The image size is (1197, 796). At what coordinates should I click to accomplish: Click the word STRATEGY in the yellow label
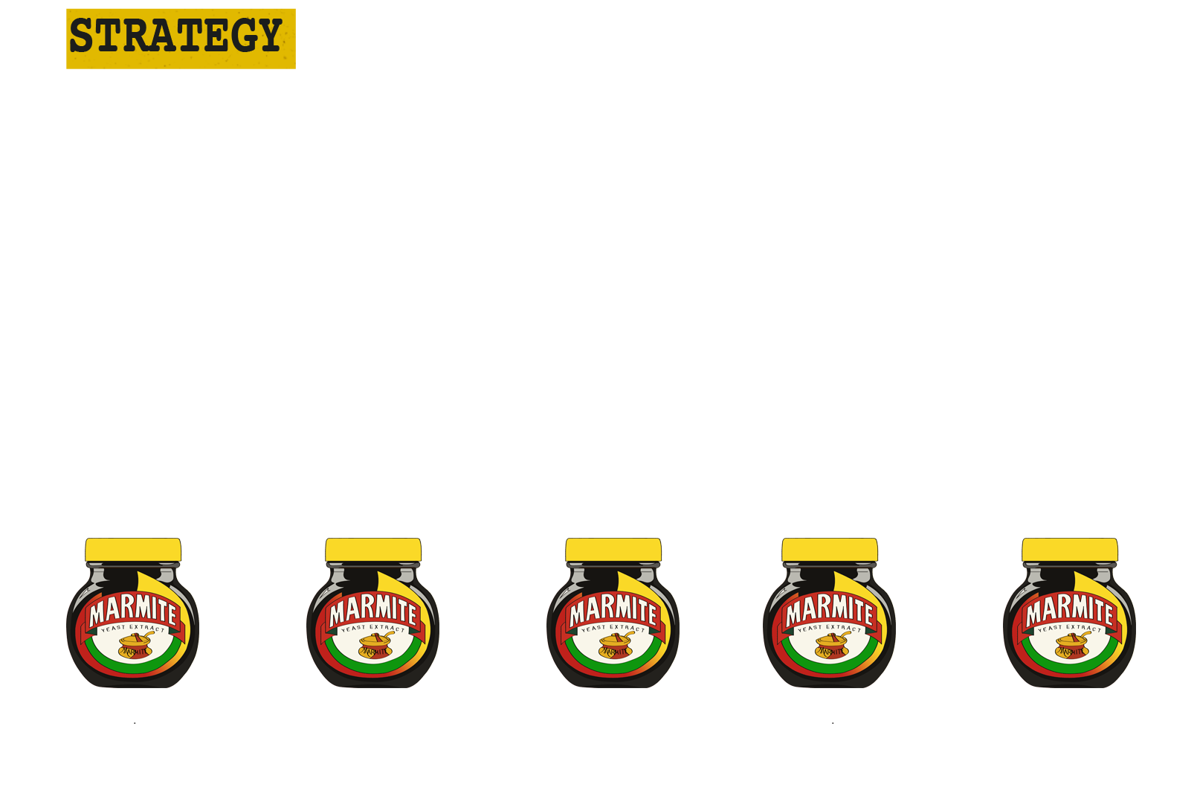(x=175, y=36)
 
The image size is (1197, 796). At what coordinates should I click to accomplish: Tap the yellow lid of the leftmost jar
(x=133, y=550)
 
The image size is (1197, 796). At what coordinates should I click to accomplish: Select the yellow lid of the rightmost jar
(x=1069, y=550)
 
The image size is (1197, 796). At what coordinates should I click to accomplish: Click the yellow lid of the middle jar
(x=613, y=550)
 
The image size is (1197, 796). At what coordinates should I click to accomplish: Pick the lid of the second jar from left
(x=373, y=550)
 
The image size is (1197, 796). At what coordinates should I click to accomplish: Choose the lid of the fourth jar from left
(x=830, y=550)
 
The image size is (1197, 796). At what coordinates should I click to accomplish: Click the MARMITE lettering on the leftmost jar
(x=134, y=611)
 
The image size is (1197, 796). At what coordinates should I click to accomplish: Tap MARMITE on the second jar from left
(x=374, y=611)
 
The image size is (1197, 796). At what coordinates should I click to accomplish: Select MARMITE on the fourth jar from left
(x=830, y=611)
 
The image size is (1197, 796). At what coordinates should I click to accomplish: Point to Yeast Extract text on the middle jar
(x=613, y=629)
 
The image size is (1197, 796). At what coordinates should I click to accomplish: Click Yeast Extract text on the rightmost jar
(x=1070, y=629)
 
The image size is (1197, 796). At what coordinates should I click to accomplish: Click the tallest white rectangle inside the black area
(x=563, y=260)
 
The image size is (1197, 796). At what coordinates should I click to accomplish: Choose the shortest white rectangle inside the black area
(x=326, y=327)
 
